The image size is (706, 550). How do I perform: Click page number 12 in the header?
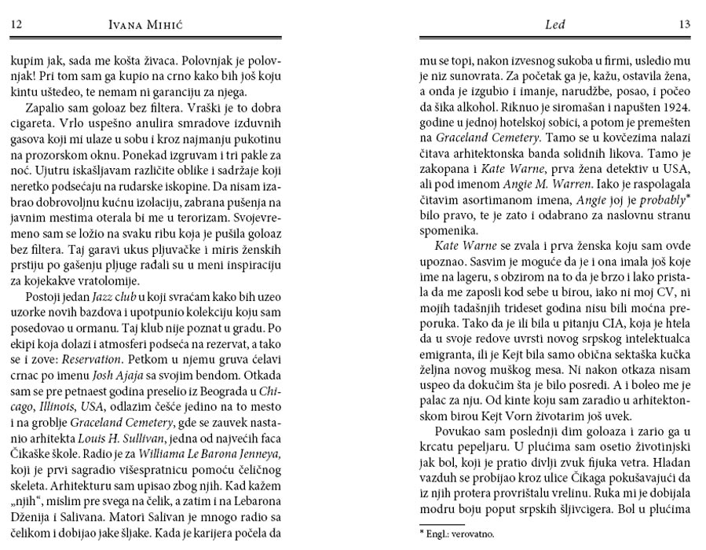tap(16, 25)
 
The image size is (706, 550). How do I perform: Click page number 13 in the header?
tap(684, 25)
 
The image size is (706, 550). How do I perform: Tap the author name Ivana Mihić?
tap(153, 25)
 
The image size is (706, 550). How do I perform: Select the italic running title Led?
tap(554, 25)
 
